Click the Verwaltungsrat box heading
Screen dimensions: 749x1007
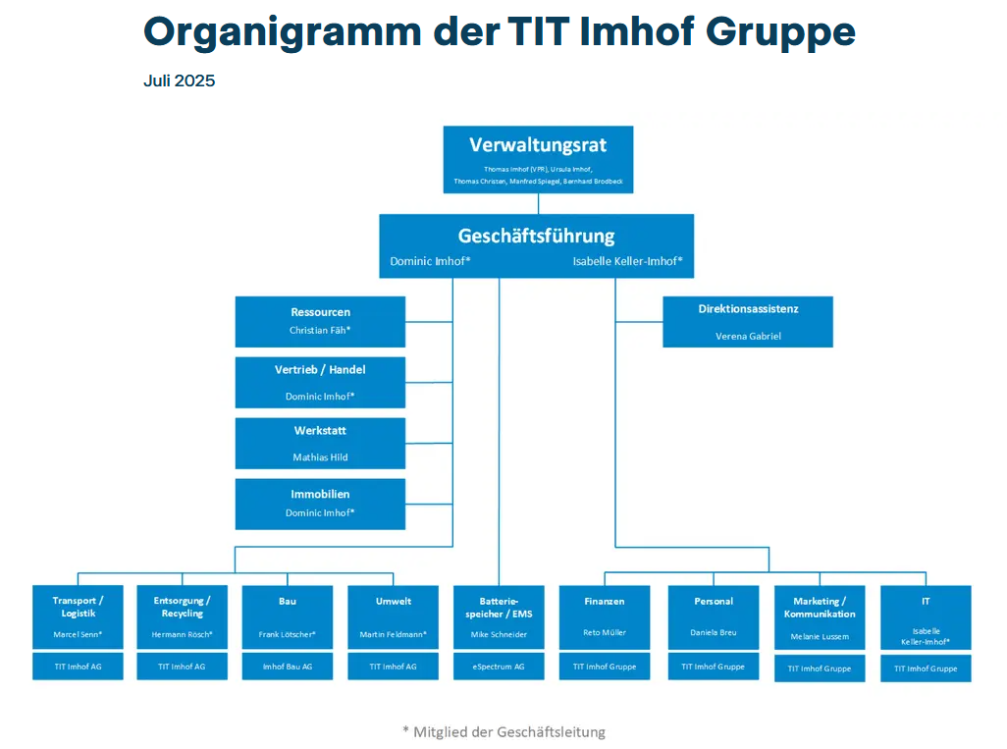point(538,145)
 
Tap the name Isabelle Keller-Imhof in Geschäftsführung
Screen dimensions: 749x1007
point(627,262)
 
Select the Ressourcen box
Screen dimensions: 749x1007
point(320,321)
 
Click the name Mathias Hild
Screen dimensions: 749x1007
point(320,457)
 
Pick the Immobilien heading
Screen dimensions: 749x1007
point(320,494)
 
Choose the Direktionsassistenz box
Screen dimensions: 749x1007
point(748,321)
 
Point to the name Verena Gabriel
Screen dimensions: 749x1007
point(748,336)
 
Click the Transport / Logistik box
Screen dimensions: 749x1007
point(78,617)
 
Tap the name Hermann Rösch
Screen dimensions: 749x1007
point(183,634)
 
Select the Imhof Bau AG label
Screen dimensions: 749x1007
point(288,667)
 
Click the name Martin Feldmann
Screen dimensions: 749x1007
point(393,634)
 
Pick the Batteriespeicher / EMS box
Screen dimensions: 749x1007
point(499,617)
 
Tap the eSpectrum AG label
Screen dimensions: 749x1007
point(499,667)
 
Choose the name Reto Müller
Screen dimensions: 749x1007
point(605,633)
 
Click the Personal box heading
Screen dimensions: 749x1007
point(714,601)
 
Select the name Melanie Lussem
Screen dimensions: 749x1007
point(820,637)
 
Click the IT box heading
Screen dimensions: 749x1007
point(926,601)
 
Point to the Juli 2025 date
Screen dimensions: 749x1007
point(179,81)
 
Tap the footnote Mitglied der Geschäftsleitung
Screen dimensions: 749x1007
point(504,731)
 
